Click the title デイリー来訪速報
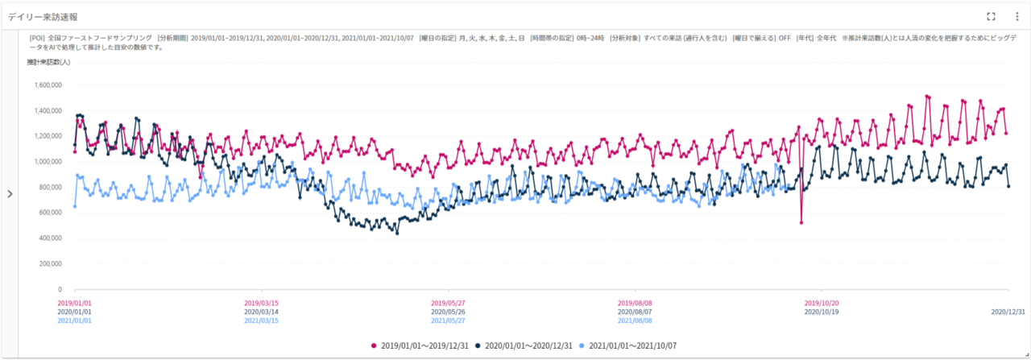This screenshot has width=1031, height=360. tap(43, 17)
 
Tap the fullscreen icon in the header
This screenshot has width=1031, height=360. tap(992, 16)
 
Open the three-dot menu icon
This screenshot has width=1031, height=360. tap(1017, 16)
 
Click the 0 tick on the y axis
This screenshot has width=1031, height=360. tap(60, 289)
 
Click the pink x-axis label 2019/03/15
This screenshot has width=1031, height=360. tap(261, 303)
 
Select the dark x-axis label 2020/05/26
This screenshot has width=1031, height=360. tap(448, 312)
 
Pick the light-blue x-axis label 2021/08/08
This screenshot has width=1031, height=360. tap(635, 321)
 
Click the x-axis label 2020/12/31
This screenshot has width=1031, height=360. tap(1008, 312)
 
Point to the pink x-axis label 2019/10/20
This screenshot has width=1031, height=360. tap(822, 303)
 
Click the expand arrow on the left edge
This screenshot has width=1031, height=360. tap(10, 193)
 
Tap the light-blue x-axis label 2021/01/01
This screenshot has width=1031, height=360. tap(75, 321)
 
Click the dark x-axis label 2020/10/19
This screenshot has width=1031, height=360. tap(822, 312)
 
